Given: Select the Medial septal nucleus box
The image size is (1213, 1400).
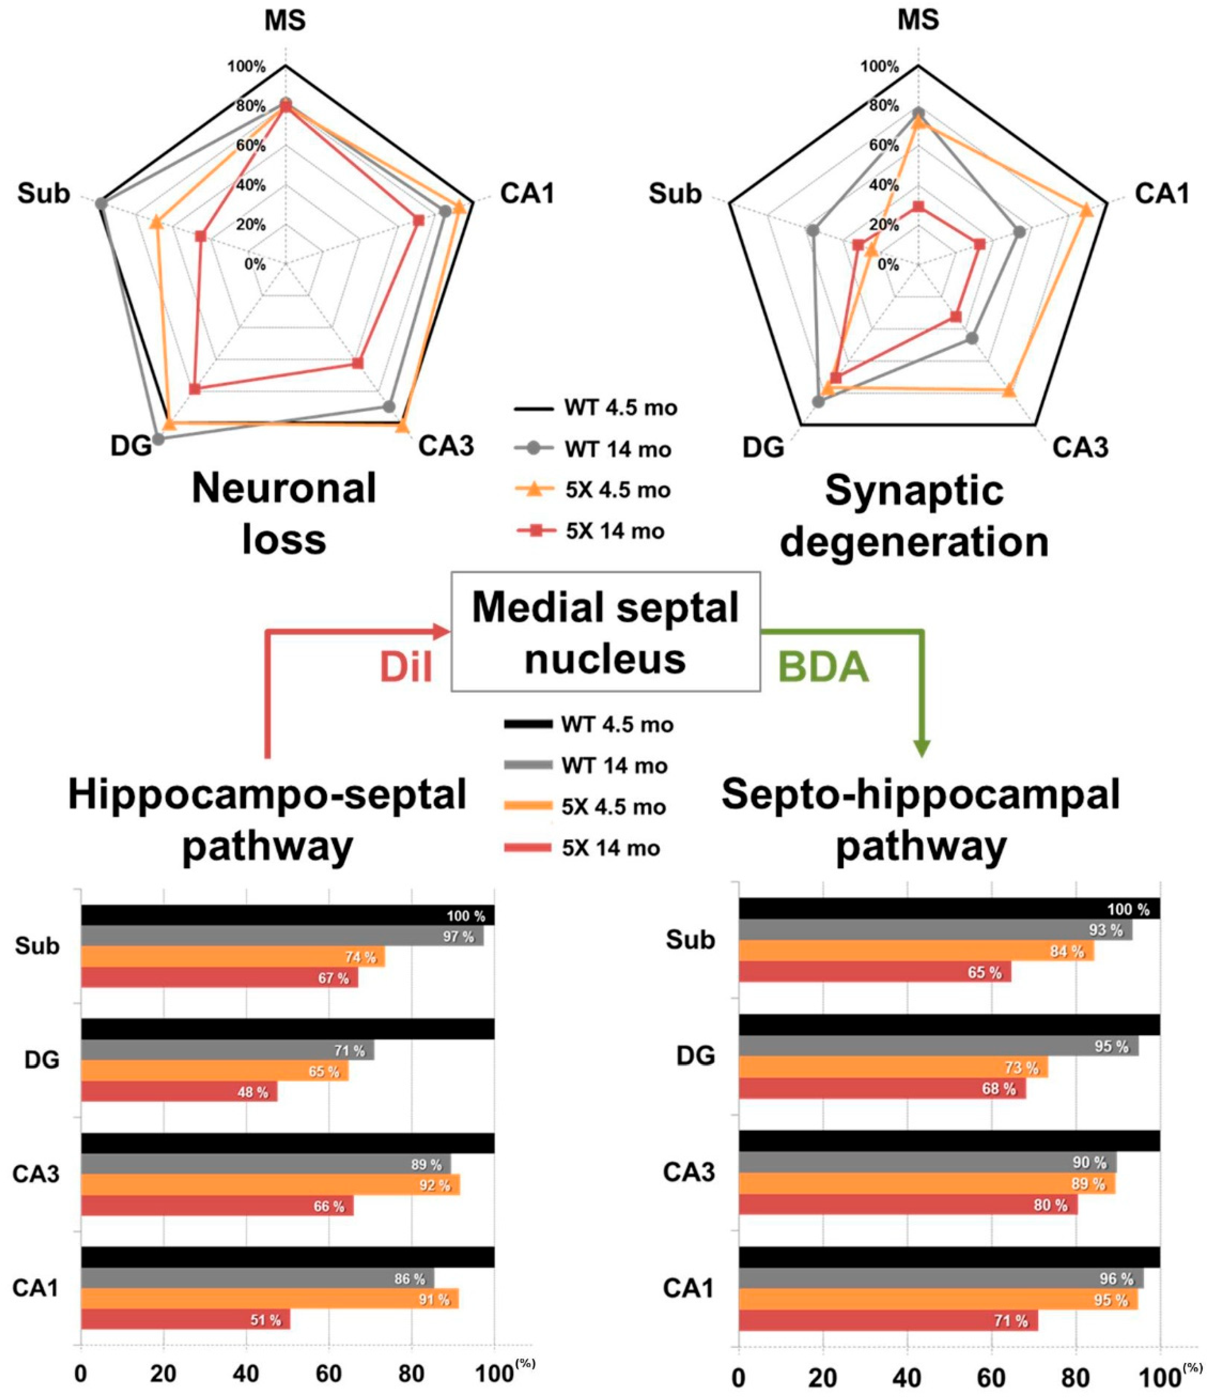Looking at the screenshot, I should pyautogui.click(x=606, y=632).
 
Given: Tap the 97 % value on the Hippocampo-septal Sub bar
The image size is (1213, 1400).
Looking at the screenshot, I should pyautogui.click(x=459, y=937).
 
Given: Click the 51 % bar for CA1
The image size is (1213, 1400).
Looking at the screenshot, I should pyautogui.click(x=186, y=1320).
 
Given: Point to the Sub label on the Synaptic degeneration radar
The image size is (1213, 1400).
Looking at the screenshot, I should pyautogui.click(x=675, y=194).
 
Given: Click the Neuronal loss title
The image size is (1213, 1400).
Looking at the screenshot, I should pyautogui.click(x=284, y=515).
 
